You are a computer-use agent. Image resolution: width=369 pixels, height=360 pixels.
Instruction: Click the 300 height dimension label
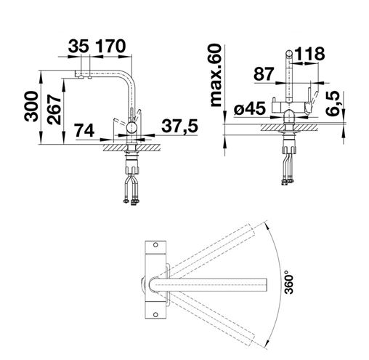(31, 106)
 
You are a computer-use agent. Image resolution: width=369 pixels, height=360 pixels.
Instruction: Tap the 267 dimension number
(54, 109)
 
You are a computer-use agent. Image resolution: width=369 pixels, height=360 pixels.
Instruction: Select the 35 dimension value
(78, 46)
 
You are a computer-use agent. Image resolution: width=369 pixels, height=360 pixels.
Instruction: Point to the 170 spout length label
(110, 46)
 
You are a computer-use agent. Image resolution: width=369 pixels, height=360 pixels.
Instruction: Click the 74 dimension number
(84, 130)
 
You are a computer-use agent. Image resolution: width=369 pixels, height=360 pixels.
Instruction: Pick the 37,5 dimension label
(179, 126)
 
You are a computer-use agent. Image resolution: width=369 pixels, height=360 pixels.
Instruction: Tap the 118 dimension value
(309, 54)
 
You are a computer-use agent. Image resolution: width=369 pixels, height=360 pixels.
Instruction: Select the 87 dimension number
(264, 74)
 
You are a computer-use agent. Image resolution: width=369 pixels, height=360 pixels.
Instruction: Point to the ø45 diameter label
(250, 108)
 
